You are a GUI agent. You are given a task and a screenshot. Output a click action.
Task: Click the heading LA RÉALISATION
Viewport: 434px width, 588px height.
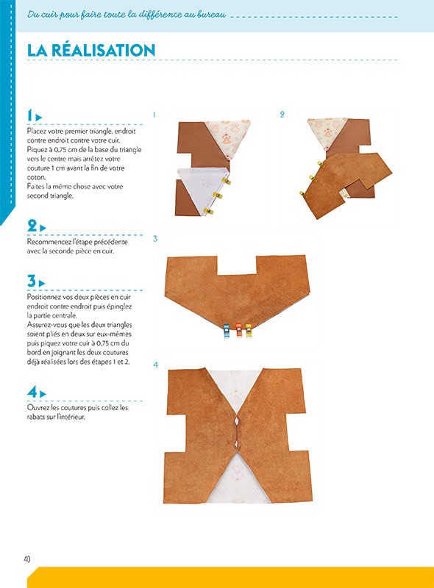pos(91,50)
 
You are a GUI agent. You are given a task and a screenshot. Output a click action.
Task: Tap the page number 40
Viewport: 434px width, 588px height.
pos(26,559)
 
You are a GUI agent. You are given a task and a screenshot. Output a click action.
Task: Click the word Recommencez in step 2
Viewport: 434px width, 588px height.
pos(48,241)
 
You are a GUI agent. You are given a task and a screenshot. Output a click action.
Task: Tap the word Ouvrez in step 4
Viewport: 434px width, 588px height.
pos(38,407)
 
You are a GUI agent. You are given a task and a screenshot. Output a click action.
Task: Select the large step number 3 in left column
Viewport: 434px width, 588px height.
pos(32,281)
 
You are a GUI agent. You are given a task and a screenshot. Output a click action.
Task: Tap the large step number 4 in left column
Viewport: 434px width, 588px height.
pos(32,392)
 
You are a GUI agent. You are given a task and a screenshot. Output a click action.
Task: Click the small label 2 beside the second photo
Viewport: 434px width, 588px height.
pos(282,115)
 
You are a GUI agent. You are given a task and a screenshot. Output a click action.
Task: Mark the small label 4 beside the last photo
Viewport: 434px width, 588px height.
pos(155,365)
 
